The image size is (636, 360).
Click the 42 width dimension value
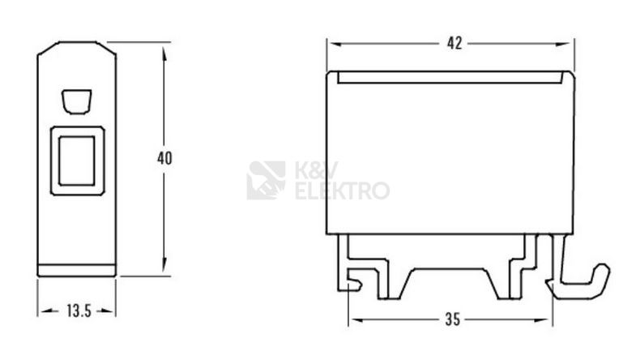coord(455,43)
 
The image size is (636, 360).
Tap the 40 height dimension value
coord(164,158)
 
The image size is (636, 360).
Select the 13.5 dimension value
coord(79,311)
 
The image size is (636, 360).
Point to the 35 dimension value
coord(453,319)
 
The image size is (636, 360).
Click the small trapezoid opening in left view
coord(77,101)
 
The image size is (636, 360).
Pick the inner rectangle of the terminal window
coord(77,161)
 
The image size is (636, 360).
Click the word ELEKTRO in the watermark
coord(343,191)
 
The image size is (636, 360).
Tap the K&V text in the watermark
coord(316,170)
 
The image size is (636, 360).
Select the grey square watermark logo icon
coord(266,180)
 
